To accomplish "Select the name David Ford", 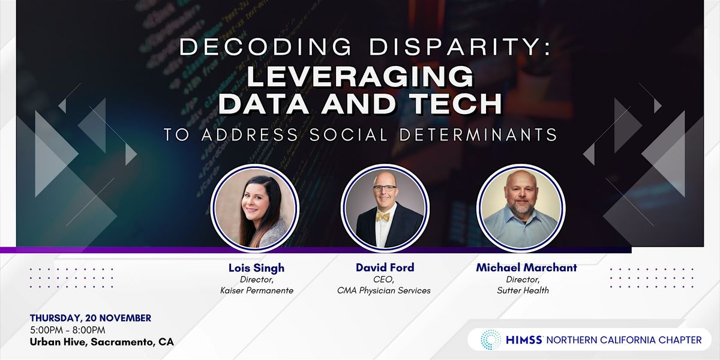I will click(x=385, y=268).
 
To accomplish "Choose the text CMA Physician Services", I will click(x=384, y=291).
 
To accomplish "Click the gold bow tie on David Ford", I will click(x=383, y=217).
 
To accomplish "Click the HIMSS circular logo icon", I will click(x=491, y=340).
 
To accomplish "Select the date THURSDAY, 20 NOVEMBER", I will click(x=90, y=318).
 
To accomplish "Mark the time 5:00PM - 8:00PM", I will click(x=67, y=330).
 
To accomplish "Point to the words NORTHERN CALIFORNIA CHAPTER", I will click(x=623, y=340).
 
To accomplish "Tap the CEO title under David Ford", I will click(x=384, y=280).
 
